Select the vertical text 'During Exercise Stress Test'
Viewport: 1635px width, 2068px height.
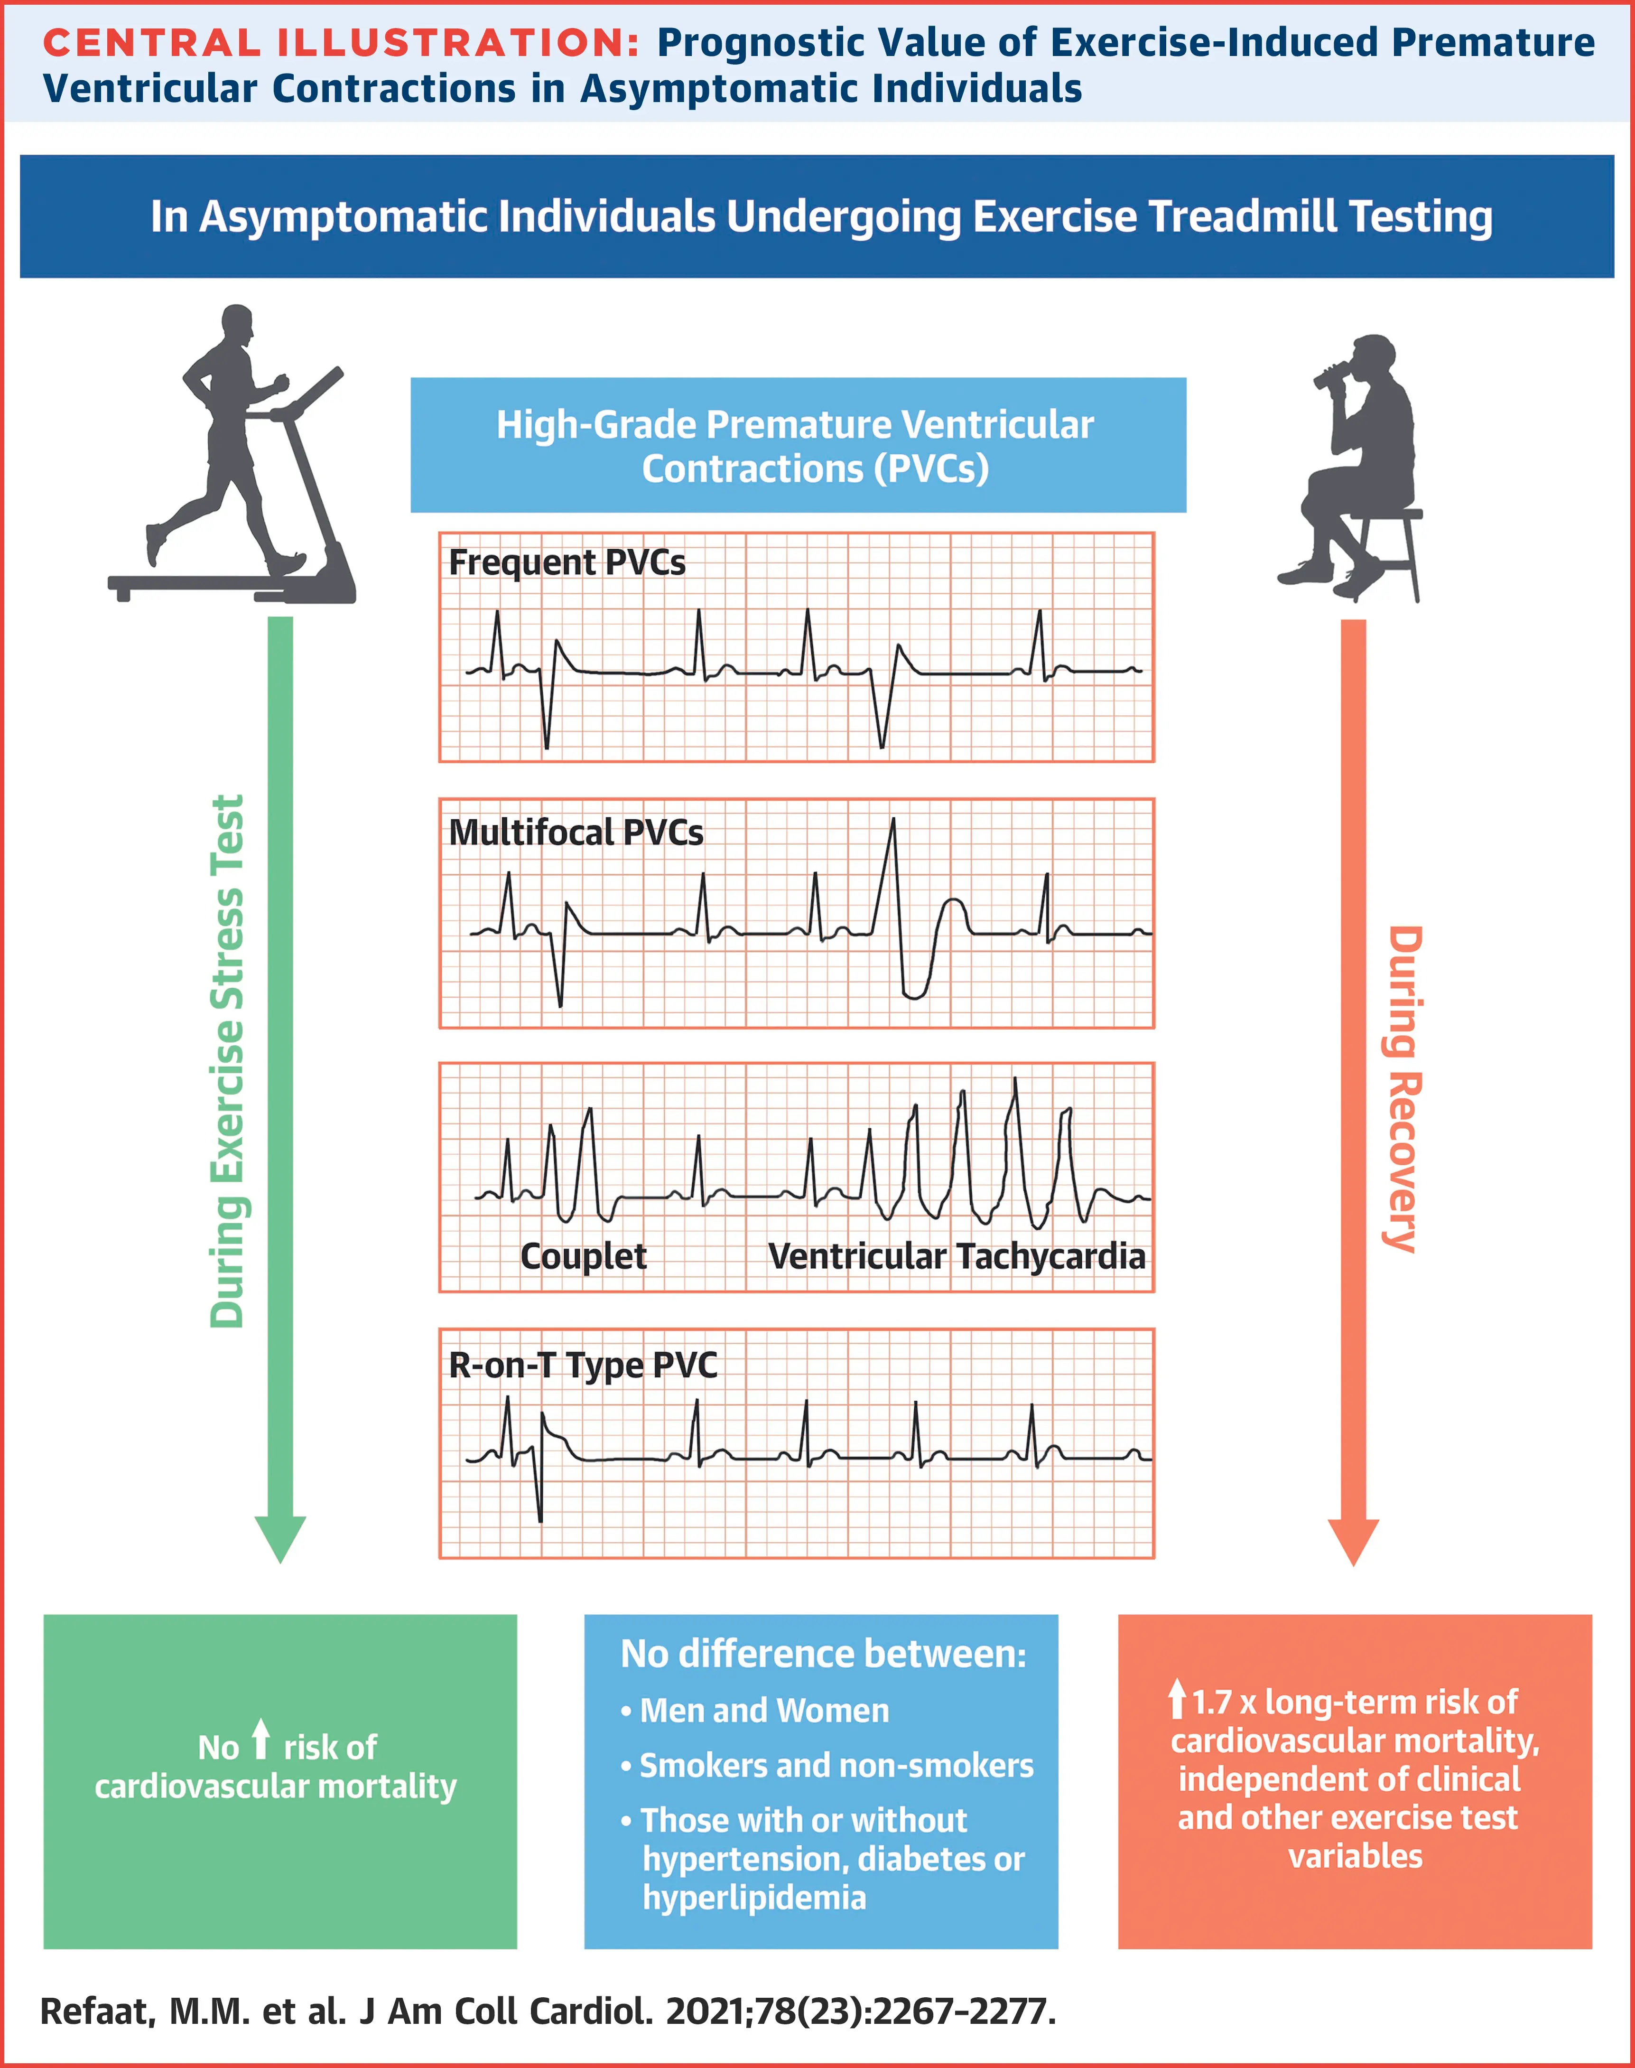pos(228,1061)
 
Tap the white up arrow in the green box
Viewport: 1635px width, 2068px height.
pos(260,1739)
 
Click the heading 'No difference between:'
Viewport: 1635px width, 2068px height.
pos(823,1654)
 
